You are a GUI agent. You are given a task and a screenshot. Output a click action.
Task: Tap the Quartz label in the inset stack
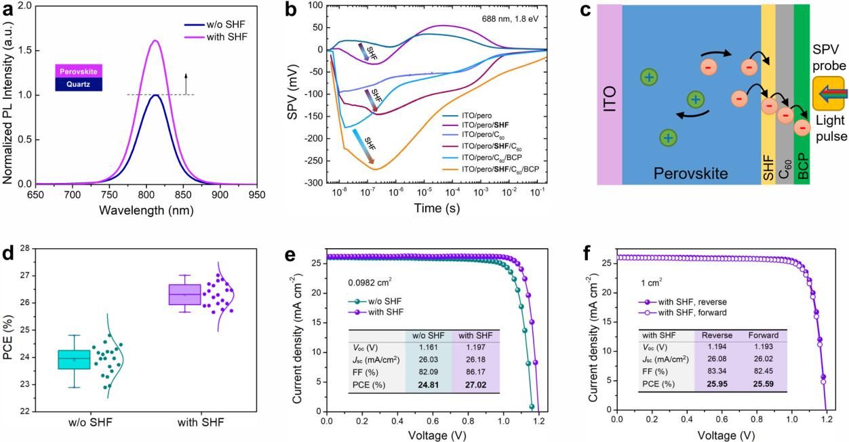point(79,84)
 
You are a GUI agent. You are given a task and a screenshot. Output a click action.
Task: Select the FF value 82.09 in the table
point(428,372)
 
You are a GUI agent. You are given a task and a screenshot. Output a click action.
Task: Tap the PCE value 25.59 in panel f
point(763,384)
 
